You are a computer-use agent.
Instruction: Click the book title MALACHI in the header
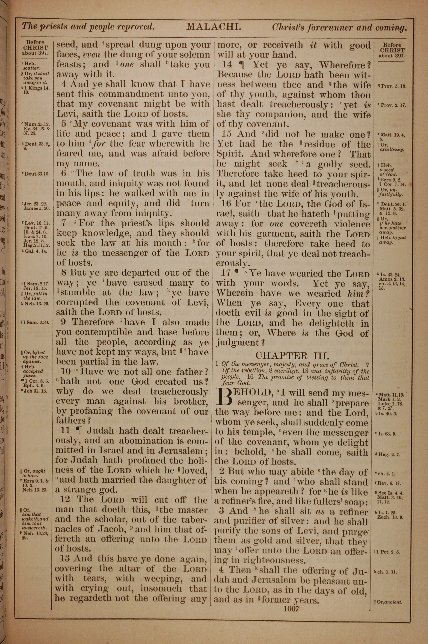[213, 27]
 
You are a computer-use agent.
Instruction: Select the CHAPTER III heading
[292, 355]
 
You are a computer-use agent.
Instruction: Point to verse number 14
[227, 65]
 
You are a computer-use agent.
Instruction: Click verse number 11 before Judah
[66, 431]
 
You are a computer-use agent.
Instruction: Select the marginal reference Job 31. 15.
[36, 391]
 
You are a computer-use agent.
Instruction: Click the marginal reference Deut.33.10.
[35, 174]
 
